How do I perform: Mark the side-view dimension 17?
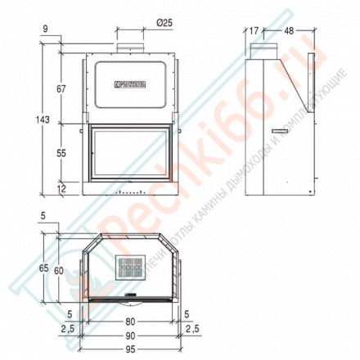point(254,31)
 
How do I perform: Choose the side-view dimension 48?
point(289,31)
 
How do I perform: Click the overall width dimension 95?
point(131,344)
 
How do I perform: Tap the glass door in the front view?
point(131,153)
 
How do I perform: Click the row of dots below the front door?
point(131,194)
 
